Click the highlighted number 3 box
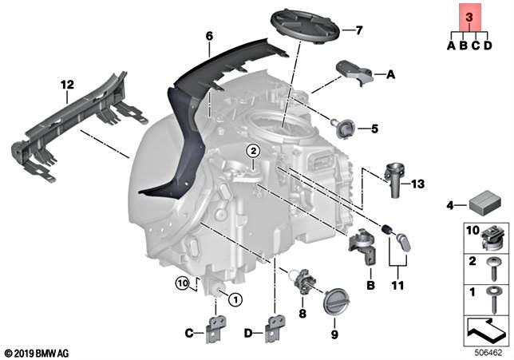click(x=469, y=16)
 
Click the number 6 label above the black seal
click(x=209, y=37)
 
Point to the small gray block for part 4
click(x=483, y=204)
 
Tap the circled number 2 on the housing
click(x=252, y=150)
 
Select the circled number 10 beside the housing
click(x=184, y=282)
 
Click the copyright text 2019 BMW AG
click(x=38, y=351)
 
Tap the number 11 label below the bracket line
click(x=394, y=284)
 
